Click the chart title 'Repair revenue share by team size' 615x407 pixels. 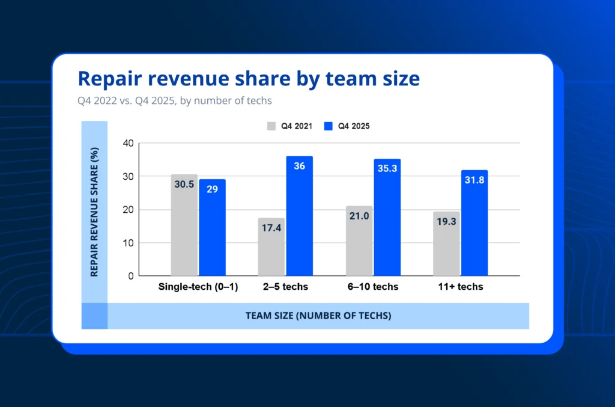click(x=249, y=79)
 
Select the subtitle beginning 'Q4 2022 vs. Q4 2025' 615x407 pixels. click(x=175, y=100)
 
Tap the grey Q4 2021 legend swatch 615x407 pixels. click(x=271, y=126)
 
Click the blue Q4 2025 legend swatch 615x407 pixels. click(x=328, y=126)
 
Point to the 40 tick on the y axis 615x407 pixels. click(x=127, y=144)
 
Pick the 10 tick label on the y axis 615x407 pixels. click(x=127, y=243)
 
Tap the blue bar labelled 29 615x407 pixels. click(x=213, y=228)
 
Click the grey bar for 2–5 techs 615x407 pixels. click(x=271, y=247)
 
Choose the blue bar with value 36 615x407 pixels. click(x=299, y=216)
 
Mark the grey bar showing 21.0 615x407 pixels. click(x=359, y=241)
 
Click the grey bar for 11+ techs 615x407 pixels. click(x=446, y=244)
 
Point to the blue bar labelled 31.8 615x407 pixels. click(x=474, y=223)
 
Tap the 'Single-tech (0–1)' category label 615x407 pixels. click(x=198, y=287)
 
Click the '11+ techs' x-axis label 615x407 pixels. click(x=460, y=287)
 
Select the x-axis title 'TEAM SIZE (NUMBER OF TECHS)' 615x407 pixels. click(x=318, y=316)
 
